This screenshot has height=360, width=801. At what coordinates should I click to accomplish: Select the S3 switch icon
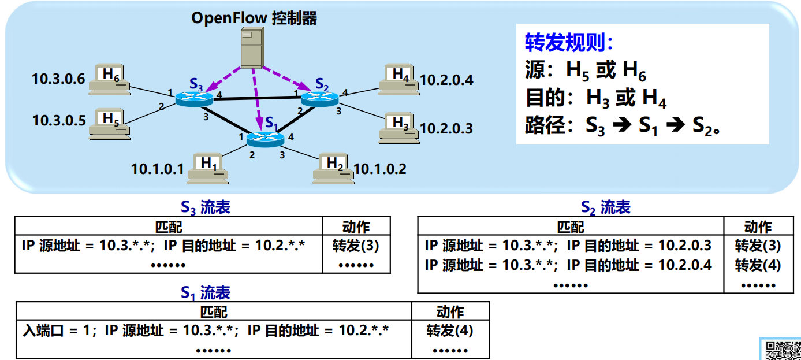tap(195, 99)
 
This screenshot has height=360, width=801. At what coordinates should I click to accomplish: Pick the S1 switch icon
tap(265, 139)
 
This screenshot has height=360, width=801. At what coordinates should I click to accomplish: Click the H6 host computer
tap(110, 80)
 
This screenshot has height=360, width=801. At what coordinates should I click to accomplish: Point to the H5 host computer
tap(110, 125)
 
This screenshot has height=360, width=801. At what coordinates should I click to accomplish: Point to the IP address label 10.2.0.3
tap(446, 128)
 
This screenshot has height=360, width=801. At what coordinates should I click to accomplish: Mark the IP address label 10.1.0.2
tap(379, 169)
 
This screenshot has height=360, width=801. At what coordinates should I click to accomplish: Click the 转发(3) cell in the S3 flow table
tap(356, 246)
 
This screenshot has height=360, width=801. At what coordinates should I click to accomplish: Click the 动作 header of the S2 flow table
tap(758, 227)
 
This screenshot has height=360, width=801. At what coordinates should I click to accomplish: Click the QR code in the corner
tap(782, 350)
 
